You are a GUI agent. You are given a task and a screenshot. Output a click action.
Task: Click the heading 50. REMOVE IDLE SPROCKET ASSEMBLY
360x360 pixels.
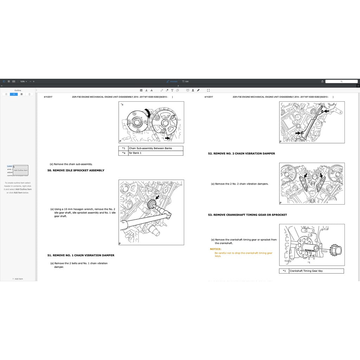click(76, 170)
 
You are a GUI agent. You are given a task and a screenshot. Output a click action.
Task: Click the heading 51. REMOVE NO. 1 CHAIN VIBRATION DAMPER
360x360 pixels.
click(81, 255)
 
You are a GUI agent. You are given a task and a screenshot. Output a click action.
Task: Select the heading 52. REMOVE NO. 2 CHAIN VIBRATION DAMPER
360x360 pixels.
click(241, 154)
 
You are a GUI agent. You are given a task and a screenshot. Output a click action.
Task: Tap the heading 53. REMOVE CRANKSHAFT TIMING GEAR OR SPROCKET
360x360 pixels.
click(247, 215)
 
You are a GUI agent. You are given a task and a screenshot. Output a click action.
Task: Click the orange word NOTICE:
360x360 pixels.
click(216, 249)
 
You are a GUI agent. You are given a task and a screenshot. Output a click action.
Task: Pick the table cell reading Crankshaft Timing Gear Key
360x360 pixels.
click(306, 271)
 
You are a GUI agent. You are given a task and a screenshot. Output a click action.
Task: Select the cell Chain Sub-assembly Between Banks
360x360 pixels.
click(150, 148)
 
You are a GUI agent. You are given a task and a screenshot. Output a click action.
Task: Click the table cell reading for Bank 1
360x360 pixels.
click(135, 153)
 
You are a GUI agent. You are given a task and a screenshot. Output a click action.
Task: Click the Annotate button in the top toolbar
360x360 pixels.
click(172, 81)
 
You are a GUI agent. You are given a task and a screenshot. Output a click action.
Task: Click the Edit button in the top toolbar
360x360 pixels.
click(186, 81)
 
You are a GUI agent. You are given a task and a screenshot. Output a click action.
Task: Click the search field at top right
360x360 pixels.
click(341, 81)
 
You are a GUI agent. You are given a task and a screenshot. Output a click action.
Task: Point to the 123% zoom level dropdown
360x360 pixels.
click(23, 81)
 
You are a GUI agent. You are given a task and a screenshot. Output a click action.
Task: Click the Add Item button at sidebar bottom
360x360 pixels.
click(18, 279)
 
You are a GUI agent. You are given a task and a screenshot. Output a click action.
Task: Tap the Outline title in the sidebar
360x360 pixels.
click(18, 90)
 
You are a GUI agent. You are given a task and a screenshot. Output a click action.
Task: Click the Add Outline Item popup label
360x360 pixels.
click(20, 170)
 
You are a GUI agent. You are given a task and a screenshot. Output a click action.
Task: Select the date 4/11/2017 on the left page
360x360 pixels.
click(48, 97)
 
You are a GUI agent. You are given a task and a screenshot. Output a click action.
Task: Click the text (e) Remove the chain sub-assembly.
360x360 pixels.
click(71, 164)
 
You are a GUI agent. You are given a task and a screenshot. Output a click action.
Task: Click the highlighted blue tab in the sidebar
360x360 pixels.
click(14, 94)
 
